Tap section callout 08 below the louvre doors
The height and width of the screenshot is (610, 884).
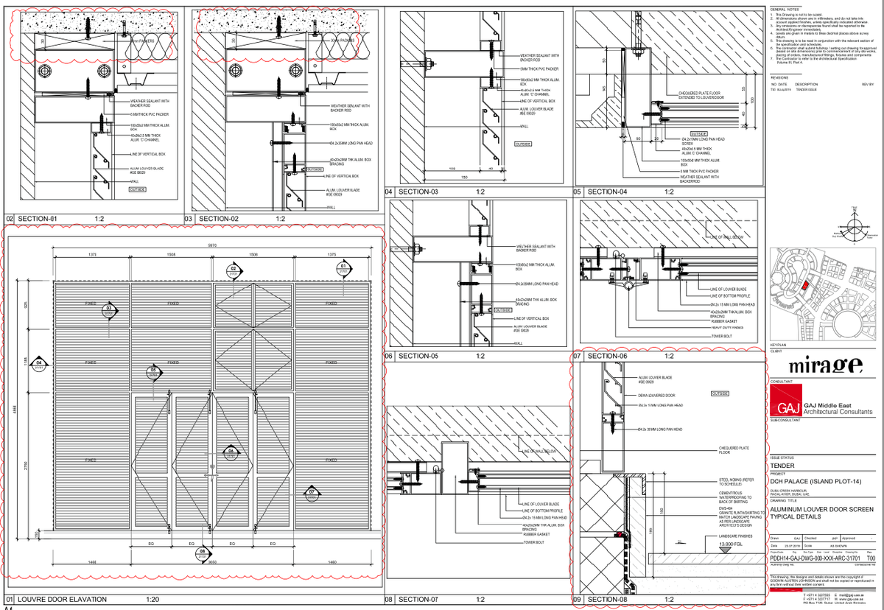pos(203,552)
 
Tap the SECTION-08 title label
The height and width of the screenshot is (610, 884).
pos(607,600)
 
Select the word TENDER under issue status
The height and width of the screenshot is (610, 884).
pos(782,466)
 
